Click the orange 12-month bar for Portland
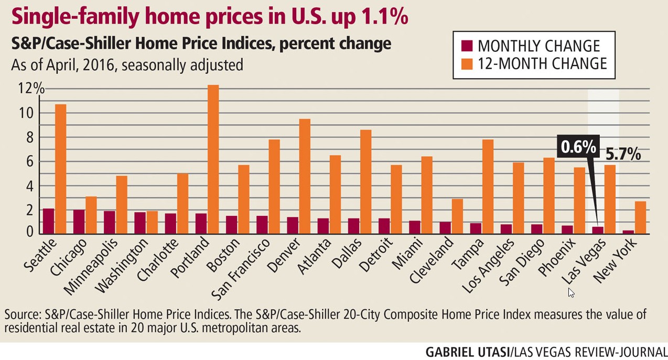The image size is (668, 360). pos(213,159)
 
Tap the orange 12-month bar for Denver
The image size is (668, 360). pos(304,176)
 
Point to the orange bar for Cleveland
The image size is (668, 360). pos(457,216)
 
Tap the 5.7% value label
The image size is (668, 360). pos(623,154)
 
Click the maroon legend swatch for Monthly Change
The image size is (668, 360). pos(466,46)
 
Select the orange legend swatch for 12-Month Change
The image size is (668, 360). pos(466,64)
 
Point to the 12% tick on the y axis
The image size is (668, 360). pos(31,88)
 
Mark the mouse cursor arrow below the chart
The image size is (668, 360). pos(570,292)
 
